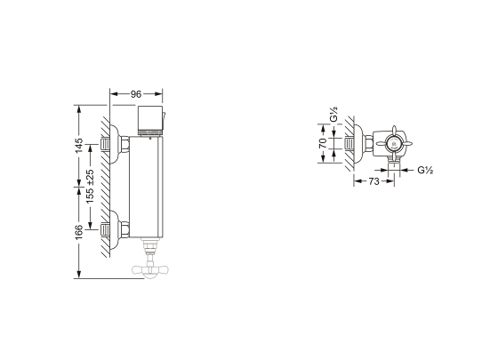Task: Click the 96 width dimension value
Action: [x=136, y=94]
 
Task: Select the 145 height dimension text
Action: [x=79, y=145]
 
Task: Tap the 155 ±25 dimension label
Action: [x=90, y=187]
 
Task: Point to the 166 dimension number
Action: [x=79, y=232]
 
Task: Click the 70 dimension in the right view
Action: [x=323, y=143]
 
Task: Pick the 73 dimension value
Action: [x=373, y=181]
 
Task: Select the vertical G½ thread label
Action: [x=333, y=115]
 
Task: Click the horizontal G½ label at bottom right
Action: [x=425, y=170]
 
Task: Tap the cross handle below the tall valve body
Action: [x=150, y=270]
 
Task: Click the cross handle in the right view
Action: [x=394, y=144]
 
